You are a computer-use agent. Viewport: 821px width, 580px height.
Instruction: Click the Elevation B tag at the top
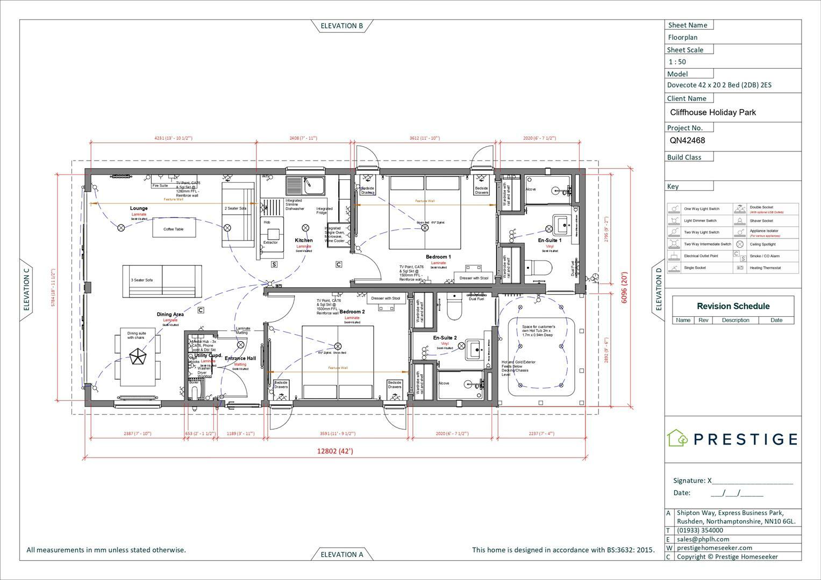coord(341,26)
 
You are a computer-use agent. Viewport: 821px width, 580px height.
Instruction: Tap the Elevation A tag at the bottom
coord(341,554)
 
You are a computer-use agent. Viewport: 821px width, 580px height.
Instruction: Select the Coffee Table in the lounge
coord(173,229)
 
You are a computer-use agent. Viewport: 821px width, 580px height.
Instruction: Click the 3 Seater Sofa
coord(162,281)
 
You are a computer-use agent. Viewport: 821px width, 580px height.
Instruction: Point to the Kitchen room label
coord(303,241)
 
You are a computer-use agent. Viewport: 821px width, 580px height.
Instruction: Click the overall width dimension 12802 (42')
coord(334,451)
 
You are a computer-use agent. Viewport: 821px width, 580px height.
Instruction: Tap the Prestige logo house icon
coord(677,438)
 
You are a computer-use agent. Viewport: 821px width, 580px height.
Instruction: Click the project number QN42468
coord(687,141)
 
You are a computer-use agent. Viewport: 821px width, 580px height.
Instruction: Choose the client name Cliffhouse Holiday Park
coord(712,113)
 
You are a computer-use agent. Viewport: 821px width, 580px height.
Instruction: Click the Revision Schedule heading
coord(733,306)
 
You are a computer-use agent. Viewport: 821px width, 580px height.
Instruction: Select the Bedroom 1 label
coord(438,257)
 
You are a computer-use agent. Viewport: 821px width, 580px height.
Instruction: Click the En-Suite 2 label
coord(445,338)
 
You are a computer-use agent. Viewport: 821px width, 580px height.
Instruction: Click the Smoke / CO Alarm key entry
coord(764,256)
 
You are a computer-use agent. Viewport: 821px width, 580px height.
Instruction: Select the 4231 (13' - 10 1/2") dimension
coord(173,139)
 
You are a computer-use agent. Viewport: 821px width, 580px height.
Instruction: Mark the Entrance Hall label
coord(240,358)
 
